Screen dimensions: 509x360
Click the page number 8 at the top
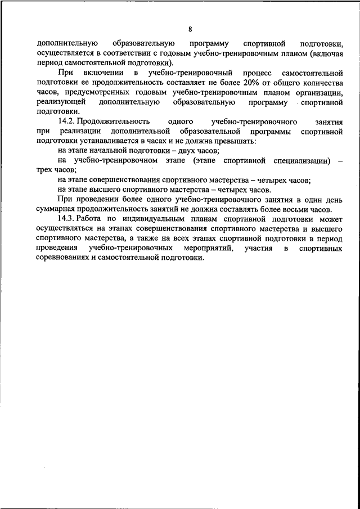coord(190,29)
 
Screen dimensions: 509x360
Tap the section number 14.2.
coord(66,121)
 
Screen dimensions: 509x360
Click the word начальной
coord(113,151)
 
